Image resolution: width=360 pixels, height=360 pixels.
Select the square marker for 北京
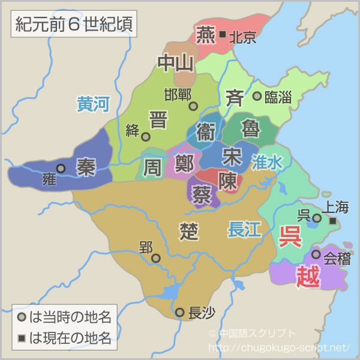223,35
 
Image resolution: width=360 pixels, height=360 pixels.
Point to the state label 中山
175,62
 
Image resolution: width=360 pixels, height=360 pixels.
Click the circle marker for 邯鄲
193,106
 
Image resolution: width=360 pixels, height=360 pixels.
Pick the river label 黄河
93,104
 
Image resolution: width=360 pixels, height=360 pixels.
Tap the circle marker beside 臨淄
257,96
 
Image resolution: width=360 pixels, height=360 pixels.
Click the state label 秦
86,167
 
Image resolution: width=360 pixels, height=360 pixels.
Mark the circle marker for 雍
61,169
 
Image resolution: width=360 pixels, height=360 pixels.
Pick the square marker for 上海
333,221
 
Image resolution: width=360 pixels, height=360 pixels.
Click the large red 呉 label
291,236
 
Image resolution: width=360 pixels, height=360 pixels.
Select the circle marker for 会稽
316,254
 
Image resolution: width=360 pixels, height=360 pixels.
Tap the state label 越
308,276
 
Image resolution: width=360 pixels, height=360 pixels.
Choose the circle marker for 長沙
180,312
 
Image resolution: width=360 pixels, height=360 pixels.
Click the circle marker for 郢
156,259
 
